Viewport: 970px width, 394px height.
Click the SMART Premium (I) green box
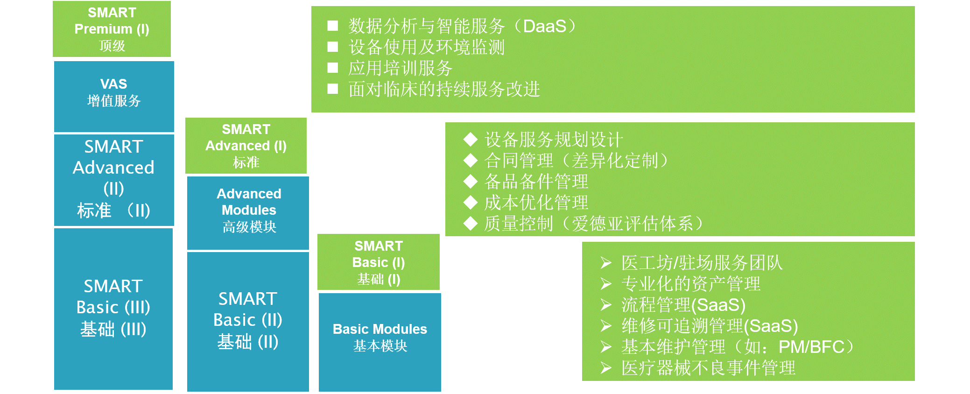click(112, 29)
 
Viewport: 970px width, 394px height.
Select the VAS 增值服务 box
click(114, 97)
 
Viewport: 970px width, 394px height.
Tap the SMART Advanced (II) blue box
click(114, 180)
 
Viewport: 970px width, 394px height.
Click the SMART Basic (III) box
click(113, 309)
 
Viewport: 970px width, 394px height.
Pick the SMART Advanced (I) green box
click(246, 146)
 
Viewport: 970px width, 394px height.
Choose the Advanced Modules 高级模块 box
click(248, 213)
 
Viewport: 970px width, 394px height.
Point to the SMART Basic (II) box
click(248, 322)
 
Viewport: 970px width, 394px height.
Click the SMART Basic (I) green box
click(379, 262)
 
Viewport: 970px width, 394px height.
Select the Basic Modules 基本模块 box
click(380, 342)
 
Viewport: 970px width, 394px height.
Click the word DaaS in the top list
click(545, 26)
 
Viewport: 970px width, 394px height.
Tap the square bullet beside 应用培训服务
click(333, 68)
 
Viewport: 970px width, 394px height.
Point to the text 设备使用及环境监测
click(427, 47)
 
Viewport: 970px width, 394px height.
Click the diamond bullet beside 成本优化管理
click(471, 203)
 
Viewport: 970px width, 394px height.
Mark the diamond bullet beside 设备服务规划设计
click(471, 139)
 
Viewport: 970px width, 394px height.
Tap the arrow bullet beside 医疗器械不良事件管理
click(606, 368)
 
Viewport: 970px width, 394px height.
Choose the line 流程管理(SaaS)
click(683, 305)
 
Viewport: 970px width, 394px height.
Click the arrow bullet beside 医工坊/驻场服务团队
click(606, 263)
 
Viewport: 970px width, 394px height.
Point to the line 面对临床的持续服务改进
click(444, 89)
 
